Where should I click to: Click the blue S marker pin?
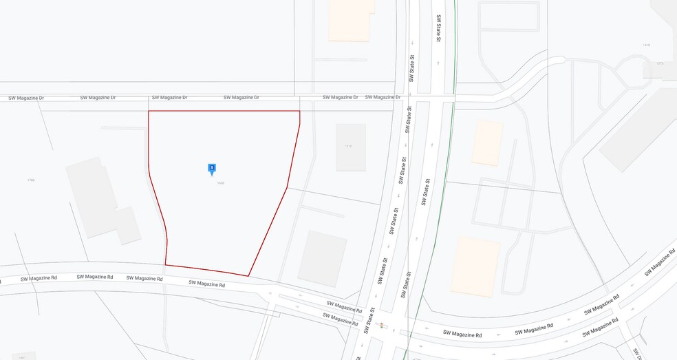pos(212,168)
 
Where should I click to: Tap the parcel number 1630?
pos(220,183)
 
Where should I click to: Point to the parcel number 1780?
pos(31,180)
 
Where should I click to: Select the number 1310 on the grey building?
pos(350,147)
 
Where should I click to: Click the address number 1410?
pos(646,45)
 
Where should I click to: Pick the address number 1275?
pos(660,63)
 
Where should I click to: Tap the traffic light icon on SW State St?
pos(381,325)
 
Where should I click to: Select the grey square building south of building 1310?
pos(323,258)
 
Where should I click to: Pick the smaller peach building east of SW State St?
pos(487,143)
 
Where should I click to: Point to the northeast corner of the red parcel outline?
pos(300,111)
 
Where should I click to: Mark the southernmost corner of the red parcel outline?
pos(248,276)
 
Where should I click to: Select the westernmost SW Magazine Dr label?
pos(26,98)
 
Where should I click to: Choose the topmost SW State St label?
pos(437,28)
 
